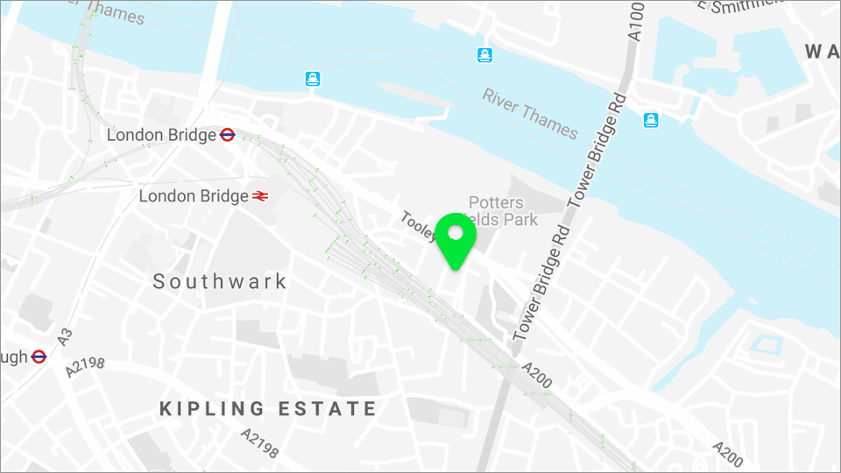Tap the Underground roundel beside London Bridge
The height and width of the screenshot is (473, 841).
point(227,135)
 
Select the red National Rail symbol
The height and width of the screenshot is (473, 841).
point(259,196)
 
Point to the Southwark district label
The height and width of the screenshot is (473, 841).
point(220,281)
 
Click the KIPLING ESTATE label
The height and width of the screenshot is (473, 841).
point(268,408)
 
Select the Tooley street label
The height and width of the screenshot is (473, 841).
point(418,225)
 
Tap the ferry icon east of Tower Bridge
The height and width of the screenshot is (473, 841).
point(650,119)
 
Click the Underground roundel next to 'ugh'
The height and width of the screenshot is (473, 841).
point(39,357)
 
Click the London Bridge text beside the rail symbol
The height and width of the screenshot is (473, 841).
point(194,196)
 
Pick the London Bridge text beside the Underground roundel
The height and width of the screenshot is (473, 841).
point(161,135)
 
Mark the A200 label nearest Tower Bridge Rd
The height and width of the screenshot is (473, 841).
point(536,375)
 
